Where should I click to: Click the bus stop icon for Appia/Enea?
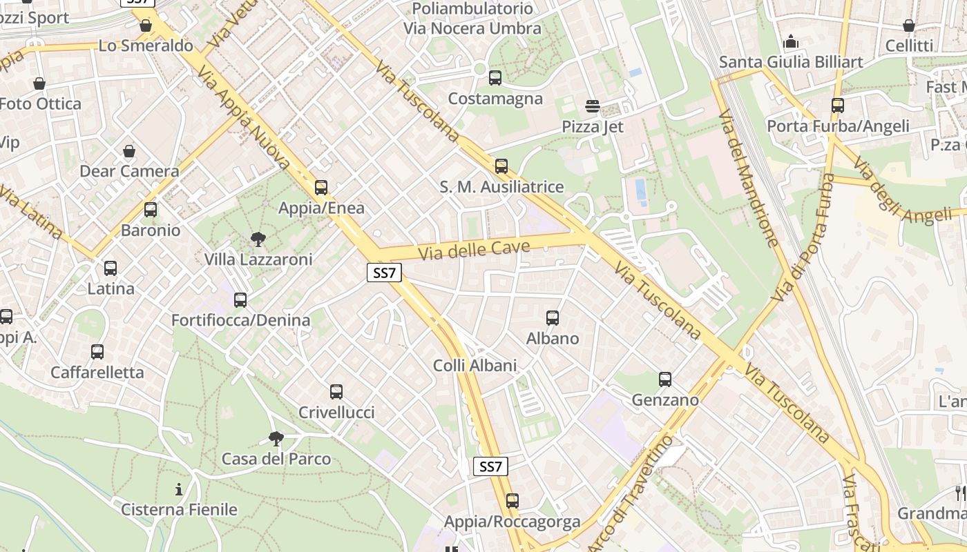320,188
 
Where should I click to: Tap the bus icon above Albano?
552,318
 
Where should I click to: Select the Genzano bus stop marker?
664,379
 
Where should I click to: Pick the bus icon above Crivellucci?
336,392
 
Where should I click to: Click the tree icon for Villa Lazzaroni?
258,239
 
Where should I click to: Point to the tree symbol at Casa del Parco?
276,438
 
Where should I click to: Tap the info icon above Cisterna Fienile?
179,489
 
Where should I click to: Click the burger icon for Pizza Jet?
592,106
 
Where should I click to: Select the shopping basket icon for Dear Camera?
128,151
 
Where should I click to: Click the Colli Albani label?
475,365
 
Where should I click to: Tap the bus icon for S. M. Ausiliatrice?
501,166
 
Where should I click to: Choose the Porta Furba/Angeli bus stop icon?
837,106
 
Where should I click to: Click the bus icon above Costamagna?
495,78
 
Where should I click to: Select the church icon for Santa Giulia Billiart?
791,42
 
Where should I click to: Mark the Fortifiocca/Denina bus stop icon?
240,300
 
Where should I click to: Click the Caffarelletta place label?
97,373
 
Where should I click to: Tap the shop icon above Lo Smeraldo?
145,26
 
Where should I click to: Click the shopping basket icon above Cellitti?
908,26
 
